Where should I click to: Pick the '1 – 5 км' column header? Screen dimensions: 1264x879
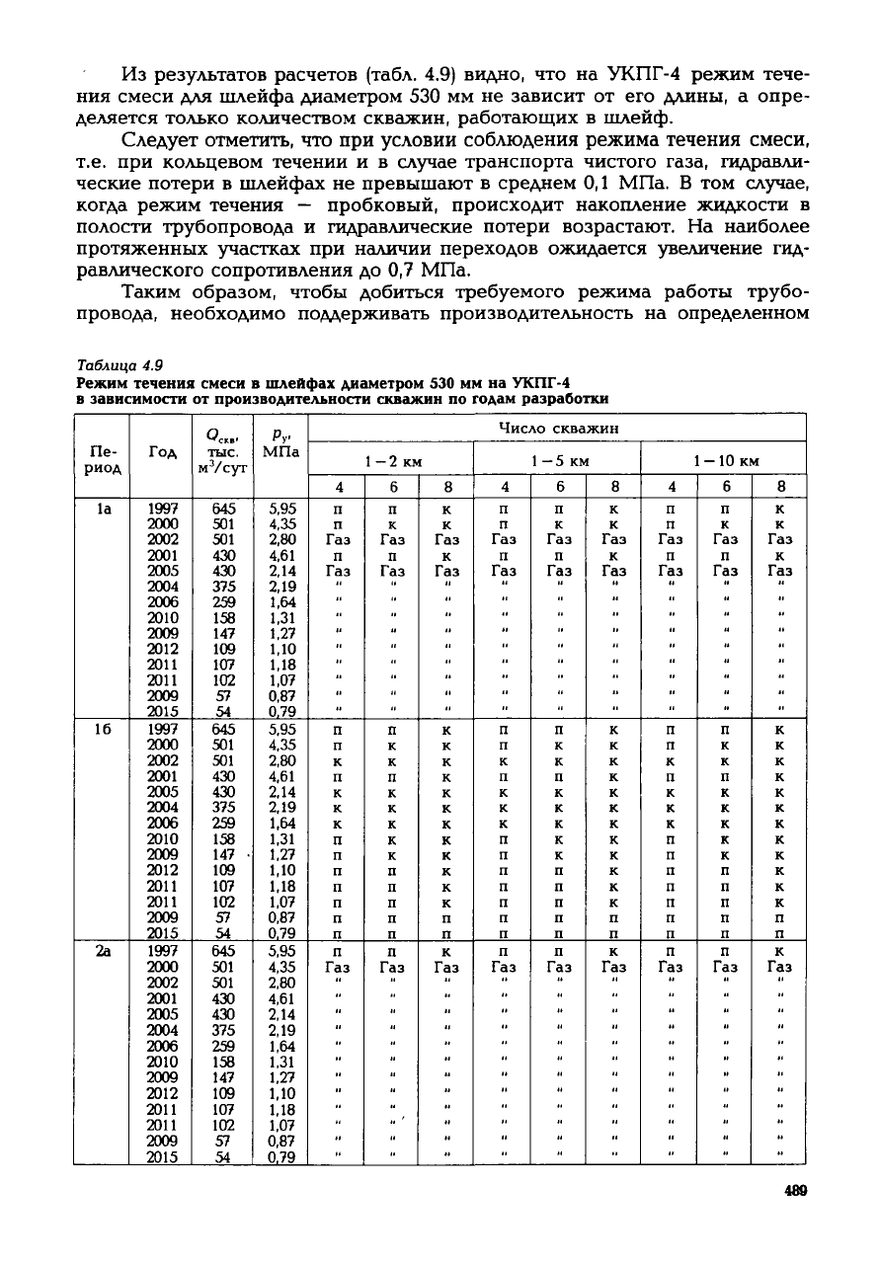559,460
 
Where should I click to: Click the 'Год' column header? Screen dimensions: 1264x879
162,450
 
